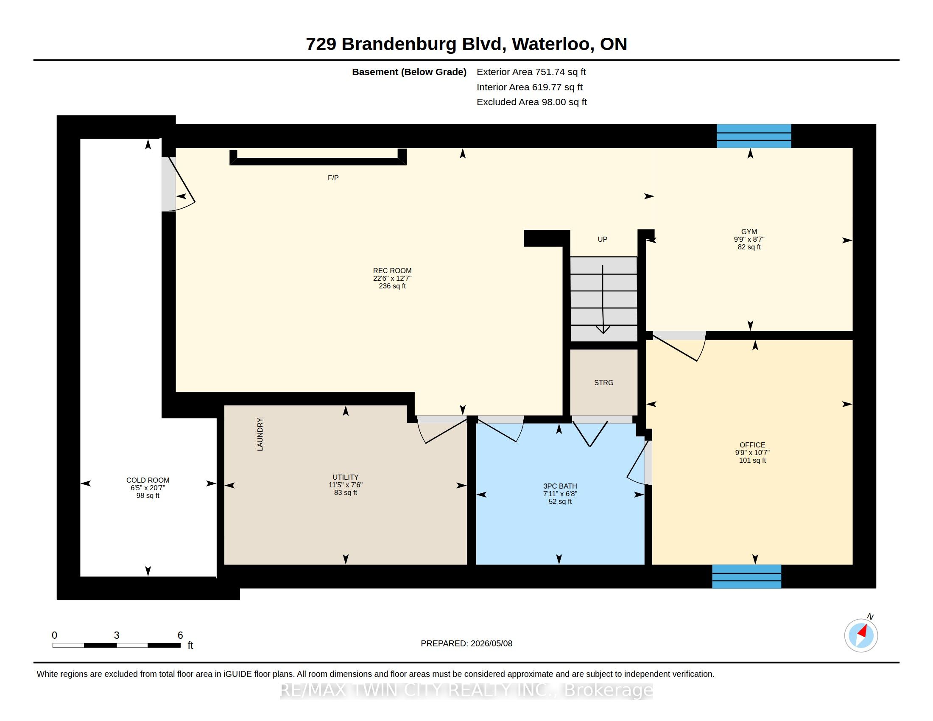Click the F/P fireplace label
[x=333, y=178]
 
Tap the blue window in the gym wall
[x=754, y=136]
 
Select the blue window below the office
[x=747, y=577]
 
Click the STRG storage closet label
[x=603, y=383]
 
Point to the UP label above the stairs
[x=602, y=239]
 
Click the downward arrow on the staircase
[x=603, y=299]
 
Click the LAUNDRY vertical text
[x=260, y=434]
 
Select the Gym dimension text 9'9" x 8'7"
[x=749, y=239]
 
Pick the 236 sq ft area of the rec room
[x=392, y=286]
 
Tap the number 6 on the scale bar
[x=180, y=635]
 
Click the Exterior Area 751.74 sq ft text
[x=531, y=72]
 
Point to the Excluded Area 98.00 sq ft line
[x=532, y=102]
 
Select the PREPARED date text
[x=466, y=643]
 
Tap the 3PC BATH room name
[x=560, y=486]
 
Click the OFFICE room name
[x=753, y=444]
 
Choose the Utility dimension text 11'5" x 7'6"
[x=346, y=485]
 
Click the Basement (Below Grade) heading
[x=409, y=72]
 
